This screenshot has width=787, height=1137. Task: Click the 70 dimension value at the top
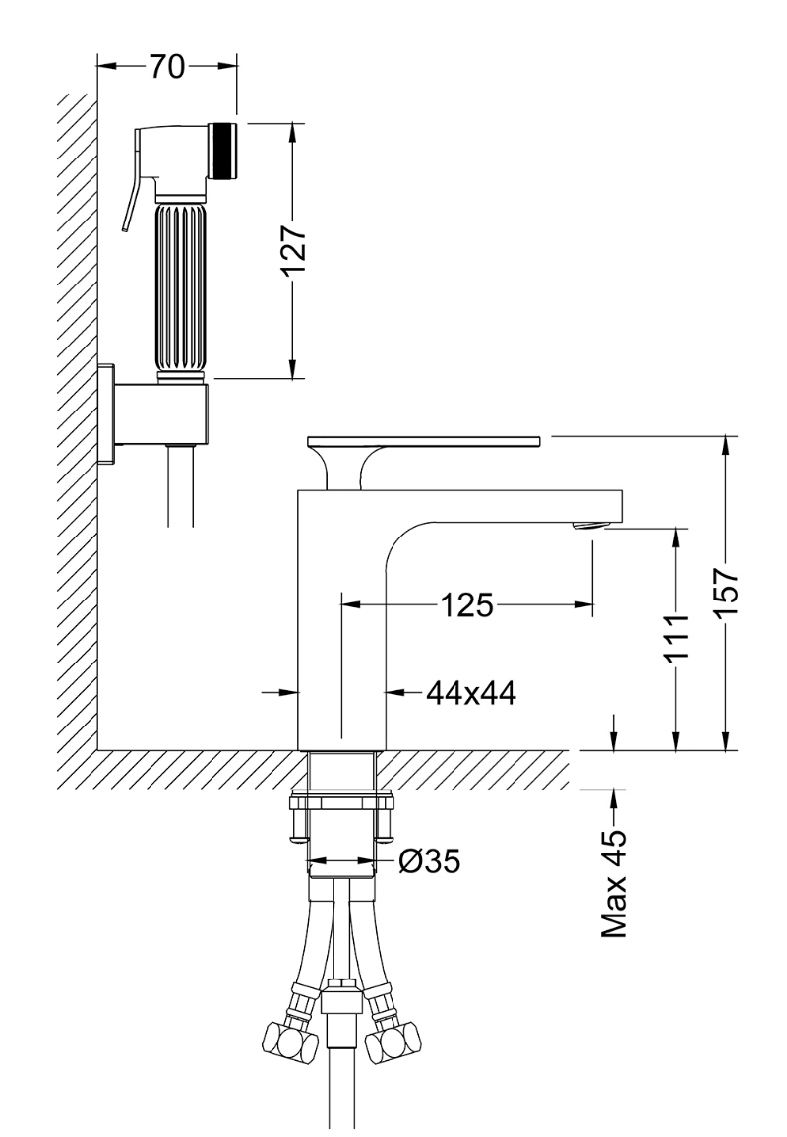(167, 66)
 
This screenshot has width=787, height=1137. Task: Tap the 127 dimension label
(294, 251)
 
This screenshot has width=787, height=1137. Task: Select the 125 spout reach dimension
(467, 604)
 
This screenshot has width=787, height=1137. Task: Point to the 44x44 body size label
(471, 693)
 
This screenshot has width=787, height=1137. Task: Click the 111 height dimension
(676, 637)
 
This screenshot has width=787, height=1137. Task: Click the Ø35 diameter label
(429, 861)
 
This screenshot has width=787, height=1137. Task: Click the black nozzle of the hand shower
(223, 151)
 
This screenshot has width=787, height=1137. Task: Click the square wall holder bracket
(153, 413)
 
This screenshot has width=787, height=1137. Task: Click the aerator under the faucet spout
(588, 525)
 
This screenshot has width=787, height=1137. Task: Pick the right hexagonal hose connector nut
(393, 1044)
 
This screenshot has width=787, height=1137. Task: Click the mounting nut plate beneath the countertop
(340, 802)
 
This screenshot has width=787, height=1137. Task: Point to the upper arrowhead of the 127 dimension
(292, 134)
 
